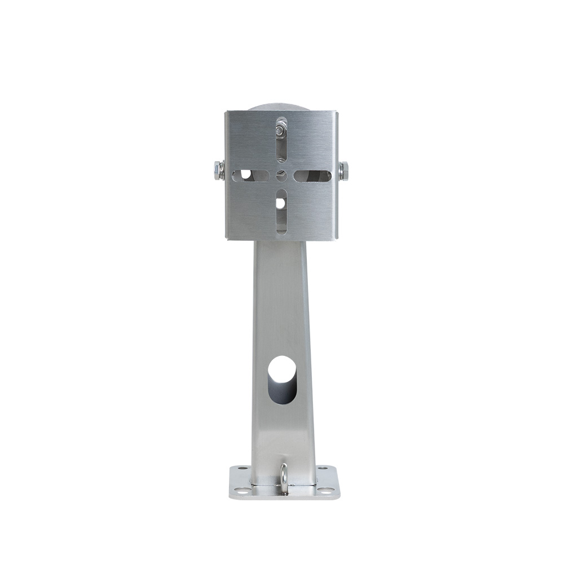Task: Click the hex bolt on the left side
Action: [x=218, y=170]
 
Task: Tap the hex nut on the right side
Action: [x=343, y=170]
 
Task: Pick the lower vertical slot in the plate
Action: [x=281, y=212]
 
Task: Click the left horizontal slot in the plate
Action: [x=250, y=175]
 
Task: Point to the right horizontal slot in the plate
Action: [x=312, y=176]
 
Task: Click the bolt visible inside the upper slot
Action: [x=280, y=131]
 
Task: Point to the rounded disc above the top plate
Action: [x=280, y=107]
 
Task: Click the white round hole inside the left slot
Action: [x=246, y=174]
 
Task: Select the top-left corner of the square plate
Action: [x=227, y=113]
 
